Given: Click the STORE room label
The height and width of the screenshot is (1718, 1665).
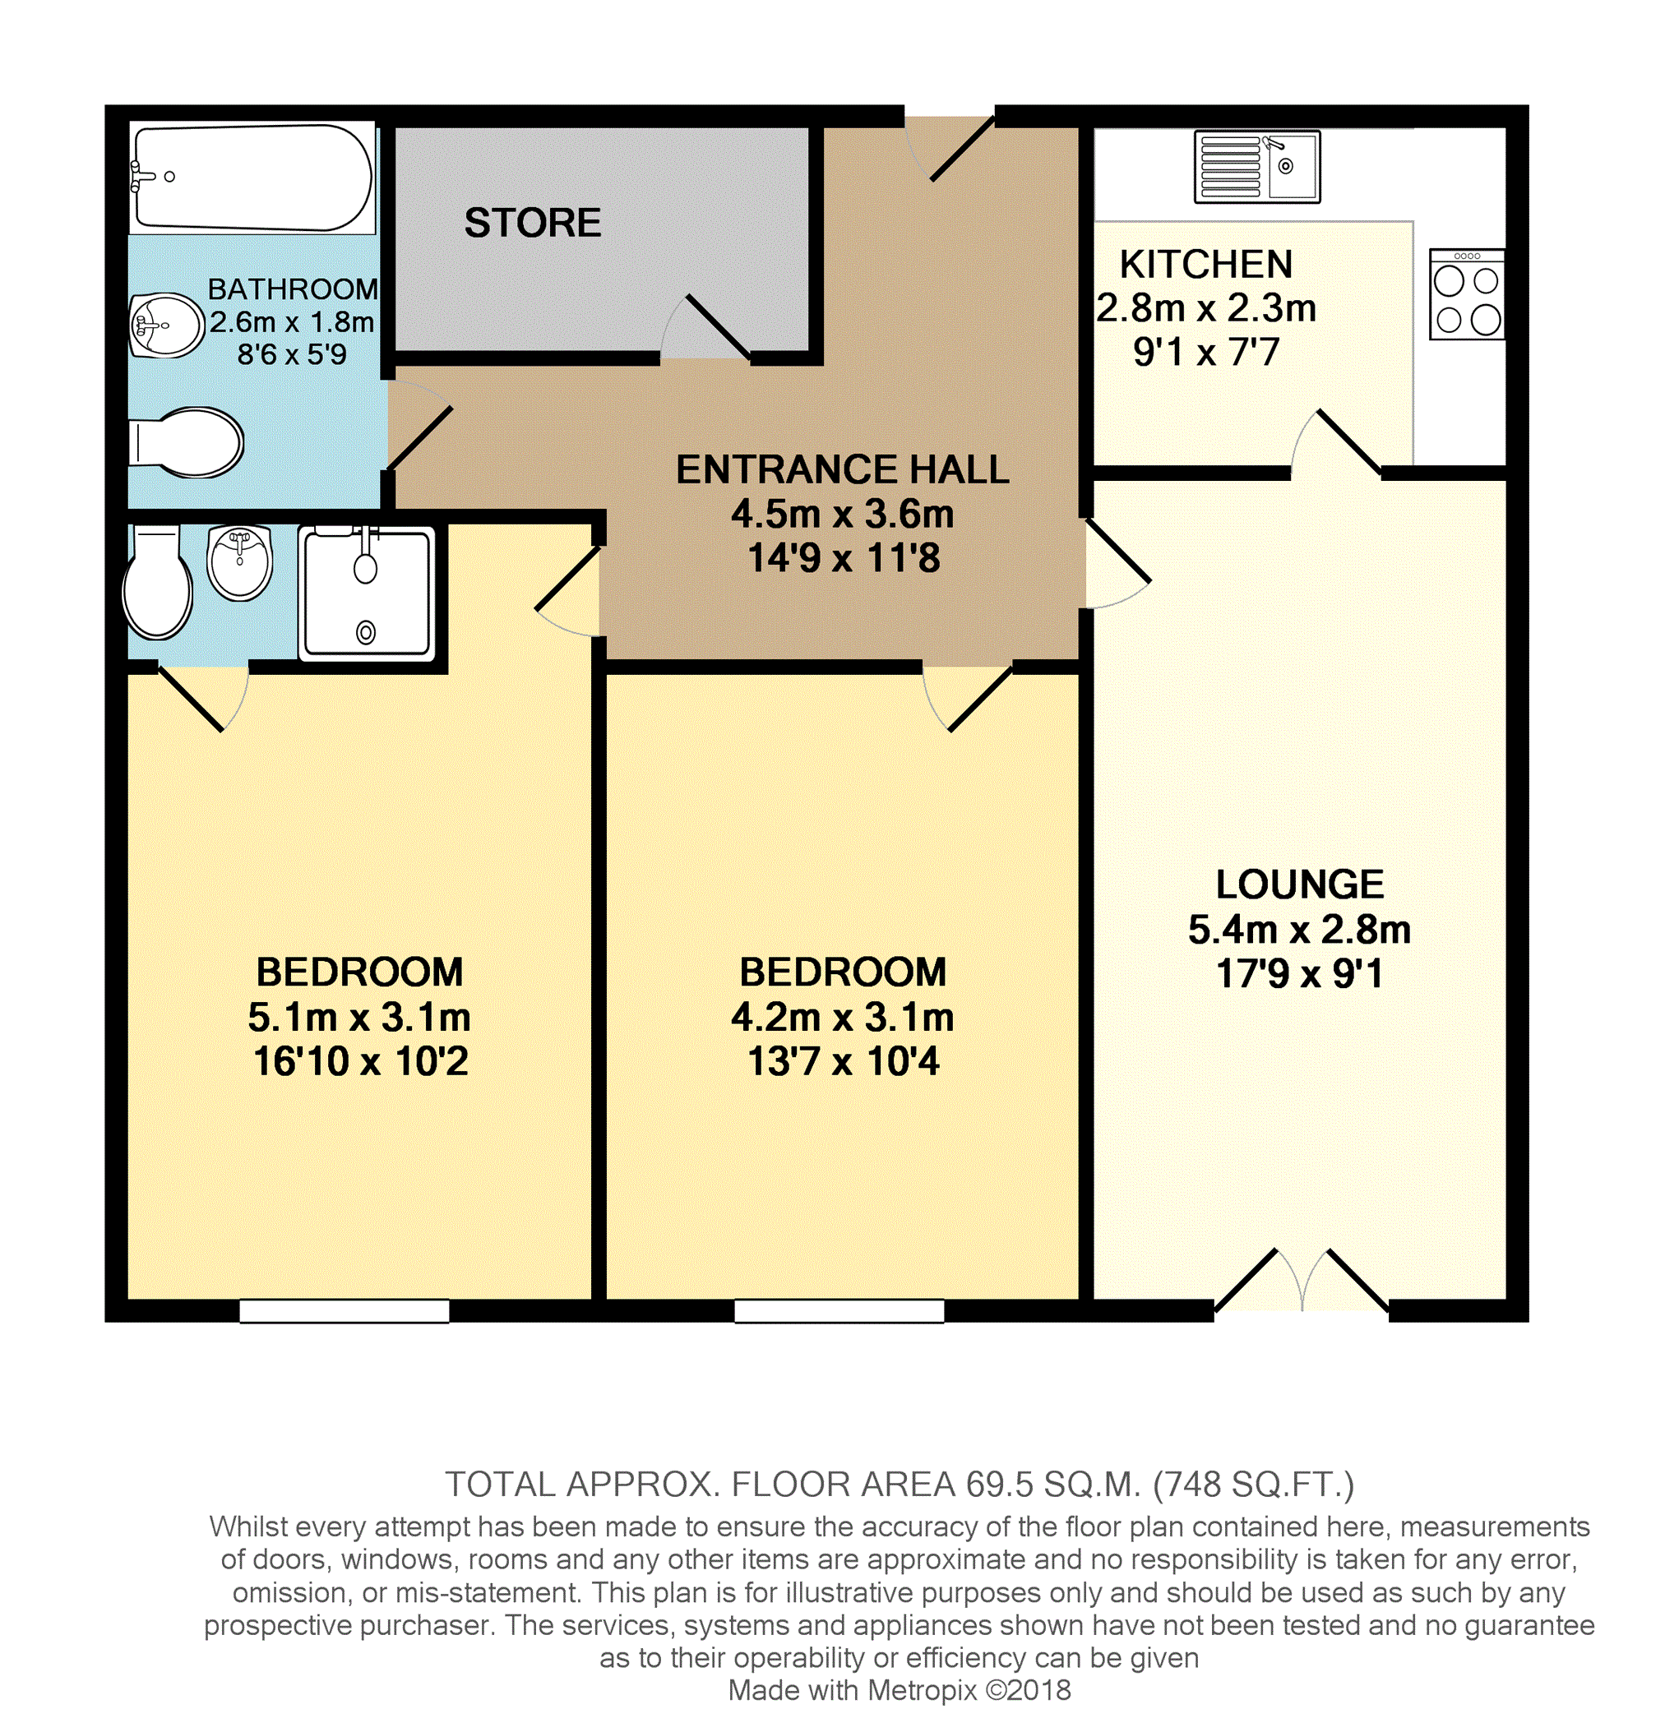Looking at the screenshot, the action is [532, 223].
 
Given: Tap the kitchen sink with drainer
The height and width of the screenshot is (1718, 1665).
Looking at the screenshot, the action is [1256, 166].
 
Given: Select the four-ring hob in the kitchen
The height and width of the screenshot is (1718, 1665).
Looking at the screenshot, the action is [1467, 293].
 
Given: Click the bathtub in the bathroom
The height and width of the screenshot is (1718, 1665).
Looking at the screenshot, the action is [252, 177].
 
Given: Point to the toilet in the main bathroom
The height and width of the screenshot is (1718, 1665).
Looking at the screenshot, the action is [186, 442].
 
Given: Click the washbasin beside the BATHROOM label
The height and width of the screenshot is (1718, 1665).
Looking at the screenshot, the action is [167, 326].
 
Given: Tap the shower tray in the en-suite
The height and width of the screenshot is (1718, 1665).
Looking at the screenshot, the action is [367, 593].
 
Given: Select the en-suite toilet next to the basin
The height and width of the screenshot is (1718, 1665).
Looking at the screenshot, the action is [158, 582].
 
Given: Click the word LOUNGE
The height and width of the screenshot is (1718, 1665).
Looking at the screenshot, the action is [1299, 884].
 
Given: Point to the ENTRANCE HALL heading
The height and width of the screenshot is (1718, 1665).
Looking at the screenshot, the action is [843, 470].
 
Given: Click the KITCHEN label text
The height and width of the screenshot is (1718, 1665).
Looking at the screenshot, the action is [1206, 265].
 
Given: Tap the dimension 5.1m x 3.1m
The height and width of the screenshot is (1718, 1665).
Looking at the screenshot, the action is [359, 1018].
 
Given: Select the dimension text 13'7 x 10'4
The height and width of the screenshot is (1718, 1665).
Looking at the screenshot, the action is [844, 1061].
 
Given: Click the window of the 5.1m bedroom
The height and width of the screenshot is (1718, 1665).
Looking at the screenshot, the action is [345, 1310].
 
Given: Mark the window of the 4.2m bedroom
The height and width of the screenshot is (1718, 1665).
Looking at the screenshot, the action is [839, 1310].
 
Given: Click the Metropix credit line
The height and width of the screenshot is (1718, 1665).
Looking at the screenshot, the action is [900, 1690].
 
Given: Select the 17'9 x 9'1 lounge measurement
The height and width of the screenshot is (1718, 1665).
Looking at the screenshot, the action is [1299, 974].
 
